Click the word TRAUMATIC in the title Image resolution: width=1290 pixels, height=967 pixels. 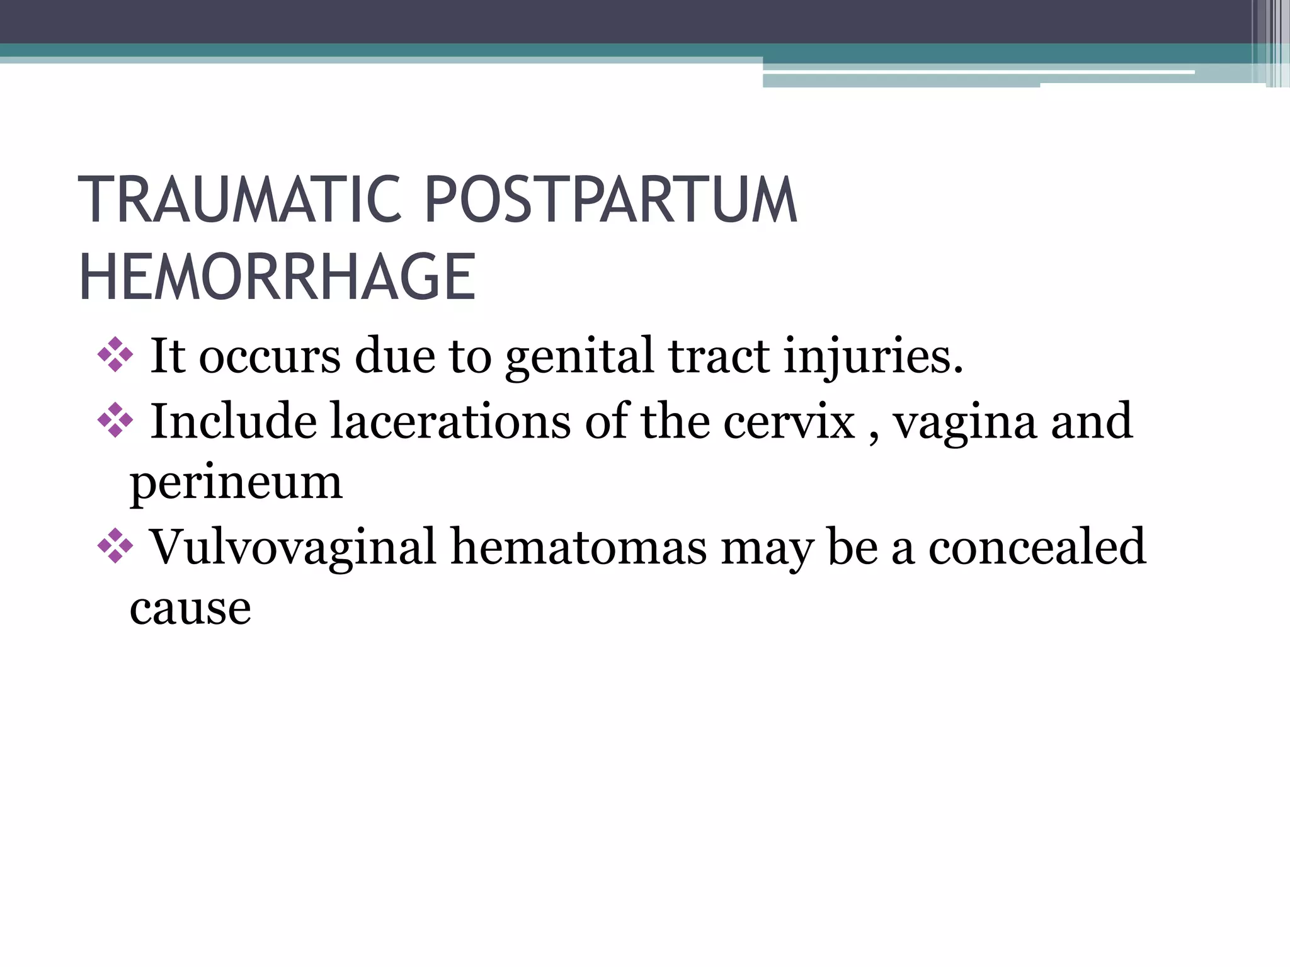240,200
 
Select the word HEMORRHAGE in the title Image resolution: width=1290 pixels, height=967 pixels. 277,278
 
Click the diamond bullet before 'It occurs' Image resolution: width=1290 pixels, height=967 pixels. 115,354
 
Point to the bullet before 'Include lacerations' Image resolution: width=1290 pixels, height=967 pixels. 115,420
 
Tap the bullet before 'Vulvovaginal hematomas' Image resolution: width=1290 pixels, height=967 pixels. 115,545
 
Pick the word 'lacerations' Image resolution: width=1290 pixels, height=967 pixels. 450,421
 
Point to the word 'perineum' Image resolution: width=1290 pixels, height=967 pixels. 236,483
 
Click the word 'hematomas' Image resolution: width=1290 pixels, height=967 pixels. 579,546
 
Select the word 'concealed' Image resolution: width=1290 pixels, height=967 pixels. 1037,546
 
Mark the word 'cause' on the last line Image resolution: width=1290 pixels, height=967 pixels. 190,609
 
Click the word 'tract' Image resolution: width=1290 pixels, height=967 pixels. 719,356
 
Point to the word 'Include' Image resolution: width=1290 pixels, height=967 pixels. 233,421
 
